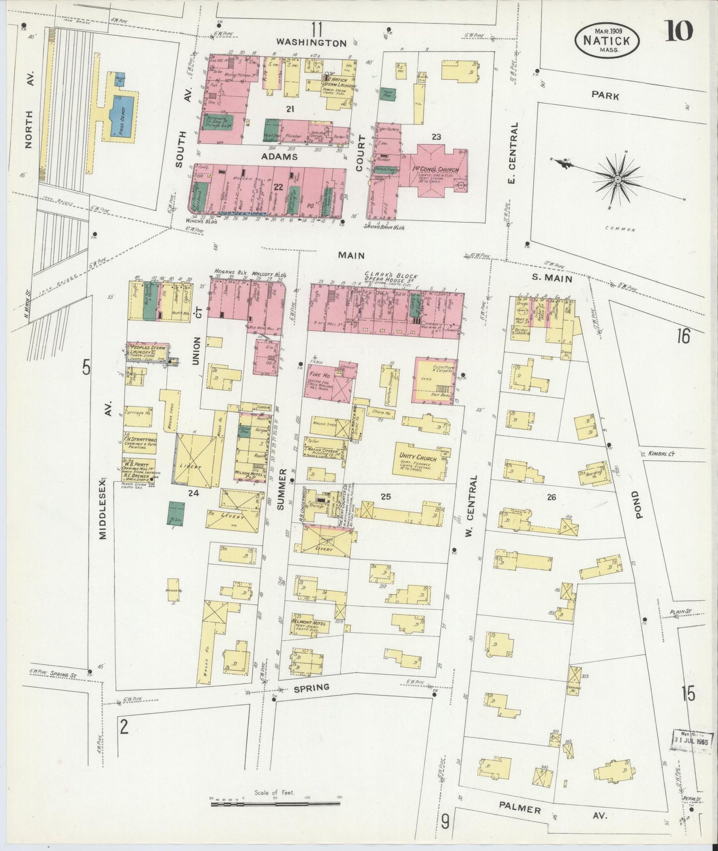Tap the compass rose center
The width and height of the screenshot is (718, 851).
click(617, 179)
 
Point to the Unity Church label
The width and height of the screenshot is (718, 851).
click(417, 456)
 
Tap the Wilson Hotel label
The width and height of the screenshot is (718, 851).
click(250, 473)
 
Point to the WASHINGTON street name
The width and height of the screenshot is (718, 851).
click(312, 43)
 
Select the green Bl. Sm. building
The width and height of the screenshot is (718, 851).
click(174, 513)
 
